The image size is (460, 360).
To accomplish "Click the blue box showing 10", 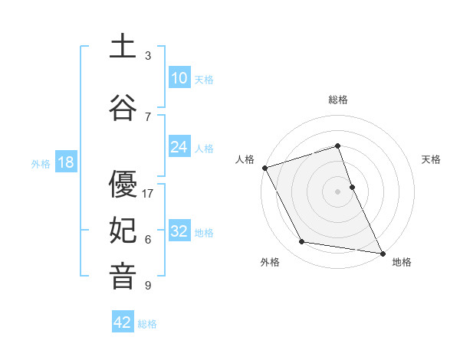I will tap(179, 78).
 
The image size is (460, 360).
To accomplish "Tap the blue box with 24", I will tap(179, 147).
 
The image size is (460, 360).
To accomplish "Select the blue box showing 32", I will tap(179, 231).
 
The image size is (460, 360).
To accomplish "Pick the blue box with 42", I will tap(123, 322).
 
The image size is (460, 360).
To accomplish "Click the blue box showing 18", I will tap(65, 162).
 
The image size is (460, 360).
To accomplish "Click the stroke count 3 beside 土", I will tap(148, 56).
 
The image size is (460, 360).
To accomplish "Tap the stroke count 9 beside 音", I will tap(148, 286).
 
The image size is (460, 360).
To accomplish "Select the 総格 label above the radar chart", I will tap(338, 100).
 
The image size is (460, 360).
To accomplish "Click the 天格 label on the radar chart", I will tap(431, 159).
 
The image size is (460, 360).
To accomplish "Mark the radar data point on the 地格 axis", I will tap(381, 252).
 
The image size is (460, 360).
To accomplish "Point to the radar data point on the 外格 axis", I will tap(302, 242).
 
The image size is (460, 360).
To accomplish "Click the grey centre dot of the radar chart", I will tap(338, 191).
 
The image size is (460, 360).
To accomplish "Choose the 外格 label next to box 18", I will tap(41, 163).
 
